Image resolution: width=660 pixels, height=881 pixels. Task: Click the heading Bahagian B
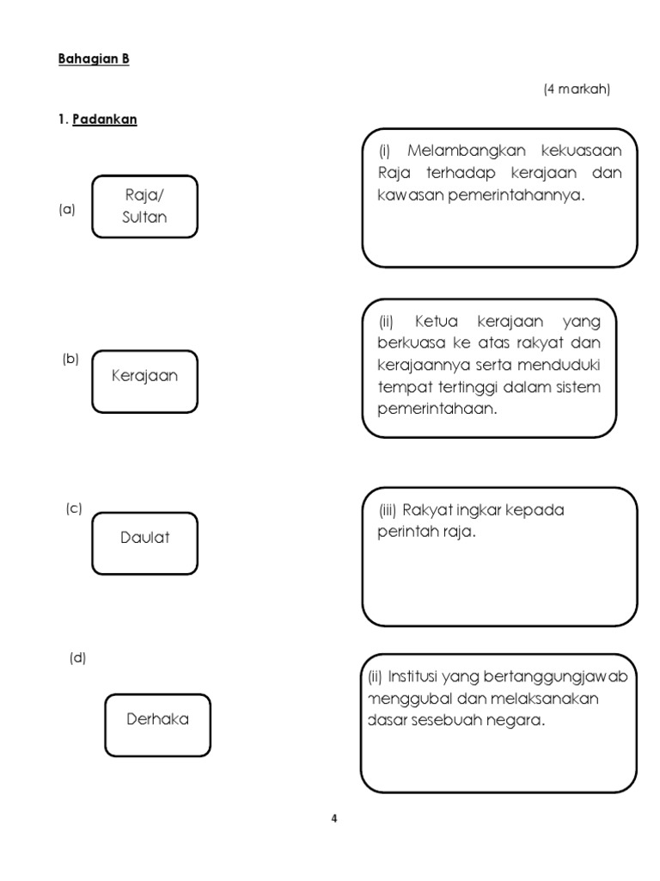94,59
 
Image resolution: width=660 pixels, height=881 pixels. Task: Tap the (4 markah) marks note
577,89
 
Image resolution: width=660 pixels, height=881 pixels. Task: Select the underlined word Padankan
105,119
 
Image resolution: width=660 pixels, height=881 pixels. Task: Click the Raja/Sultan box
144,206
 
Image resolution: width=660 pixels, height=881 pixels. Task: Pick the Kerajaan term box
144,381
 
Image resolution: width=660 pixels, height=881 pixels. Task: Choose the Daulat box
144,544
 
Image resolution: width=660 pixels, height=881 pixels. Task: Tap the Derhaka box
158,725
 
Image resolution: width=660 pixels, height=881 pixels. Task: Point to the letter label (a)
67,210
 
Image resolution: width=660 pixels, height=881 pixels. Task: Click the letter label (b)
70,359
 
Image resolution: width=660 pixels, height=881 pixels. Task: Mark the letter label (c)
74,508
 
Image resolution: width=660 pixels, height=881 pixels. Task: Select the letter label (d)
78,658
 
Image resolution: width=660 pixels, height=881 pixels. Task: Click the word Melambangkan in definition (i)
467,151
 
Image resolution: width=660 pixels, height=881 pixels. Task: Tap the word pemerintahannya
516,195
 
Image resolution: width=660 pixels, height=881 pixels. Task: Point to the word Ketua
436,322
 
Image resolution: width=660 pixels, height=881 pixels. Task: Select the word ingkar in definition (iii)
479,510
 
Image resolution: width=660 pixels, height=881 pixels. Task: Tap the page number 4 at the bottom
334,819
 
